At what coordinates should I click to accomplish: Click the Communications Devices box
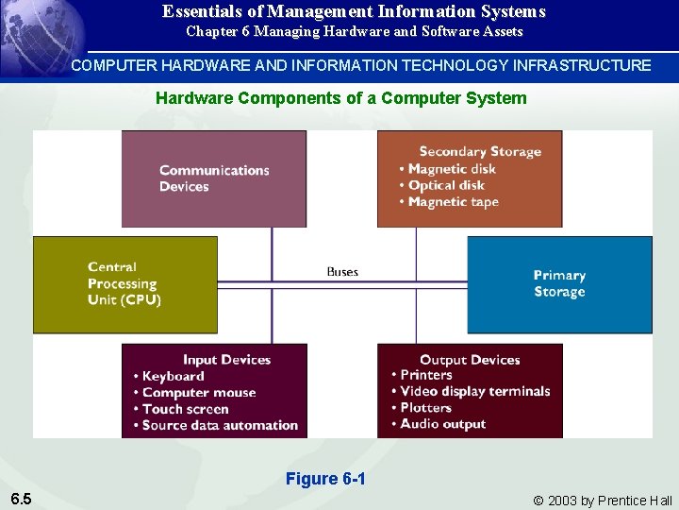(214, 178)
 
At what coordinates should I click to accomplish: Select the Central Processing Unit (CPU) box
(124, 283)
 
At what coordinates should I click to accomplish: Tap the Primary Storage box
(559, 283)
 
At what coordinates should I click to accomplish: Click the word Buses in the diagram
(342, 272)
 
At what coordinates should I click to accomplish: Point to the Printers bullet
(425, 375)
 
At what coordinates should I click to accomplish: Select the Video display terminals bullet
(474, 391)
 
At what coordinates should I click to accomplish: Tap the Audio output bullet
(442, 424)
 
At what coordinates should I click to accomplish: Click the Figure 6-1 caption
(325, 479)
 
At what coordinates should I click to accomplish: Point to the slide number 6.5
(21, 499)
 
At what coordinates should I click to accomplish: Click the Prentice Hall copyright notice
(603, 501)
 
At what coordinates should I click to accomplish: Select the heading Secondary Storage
(480, 151)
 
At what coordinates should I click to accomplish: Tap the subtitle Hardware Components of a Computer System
(340, 97)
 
